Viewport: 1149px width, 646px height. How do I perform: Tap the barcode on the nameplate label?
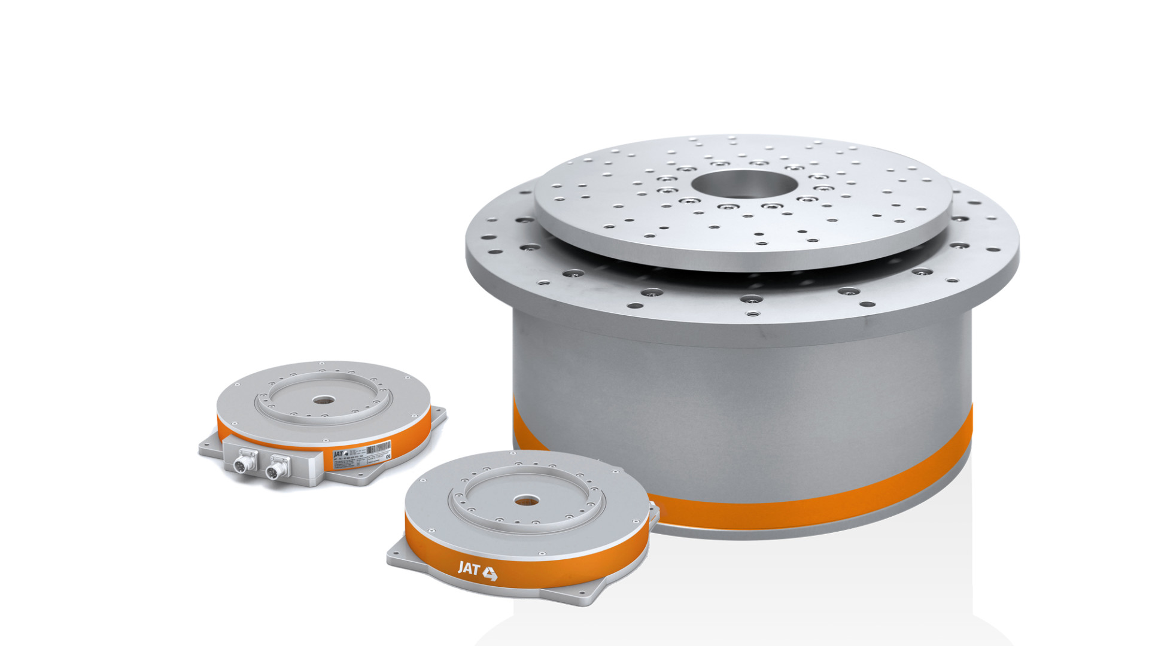tap(378, 448)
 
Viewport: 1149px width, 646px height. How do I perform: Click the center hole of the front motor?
tap(525, 500)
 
